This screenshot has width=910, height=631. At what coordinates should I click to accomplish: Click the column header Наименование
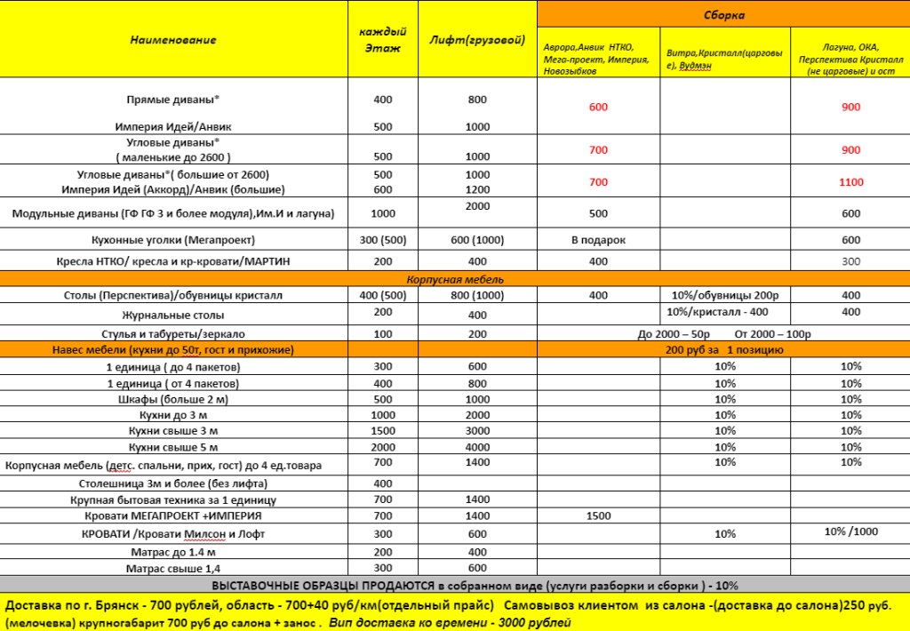(173, 40)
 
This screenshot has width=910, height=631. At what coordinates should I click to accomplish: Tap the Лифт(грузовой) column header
(477, 41)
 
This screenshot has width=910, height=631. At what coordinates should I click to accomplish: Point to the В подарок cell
(598, 240)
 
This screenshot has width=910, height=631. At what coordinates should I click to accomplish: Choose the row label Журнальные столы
(172, 315)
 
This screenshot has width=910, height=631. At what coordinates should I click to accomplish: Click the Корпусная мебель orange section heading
(454, 279)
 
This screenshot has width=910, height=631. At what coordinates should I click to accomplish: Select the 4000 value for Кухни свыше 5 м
(477, 447)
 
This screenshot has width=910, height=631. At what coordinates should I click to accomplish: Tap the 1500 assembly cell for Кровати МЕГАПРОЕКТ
(598, 515)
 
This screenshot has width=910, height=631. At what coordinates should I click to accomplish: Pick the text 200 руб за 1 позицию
(723, 350)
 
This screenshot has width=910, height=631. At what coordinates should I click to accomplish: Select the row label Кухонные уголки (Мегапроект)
(172, 240)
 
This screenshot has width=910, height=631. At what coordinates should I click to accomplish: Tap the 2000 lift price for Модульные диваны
(477, 206)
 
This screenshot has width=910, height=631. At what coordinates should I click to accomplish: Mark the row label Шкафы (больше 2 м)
(172, 399)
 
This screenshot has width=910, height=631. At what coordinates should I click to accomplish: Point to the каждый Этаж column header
(383, 40)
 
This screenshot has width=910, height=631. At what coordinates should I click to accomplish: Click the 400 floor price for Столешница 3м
(383, 483)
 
